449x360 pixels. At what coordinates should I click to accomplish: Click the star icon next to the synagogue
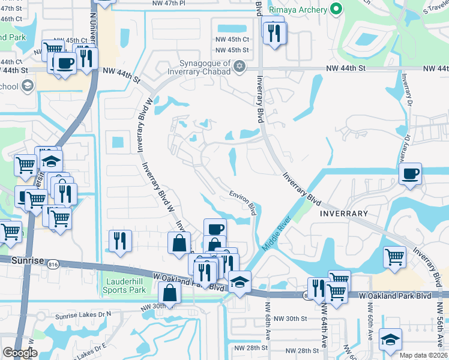coord(240,66)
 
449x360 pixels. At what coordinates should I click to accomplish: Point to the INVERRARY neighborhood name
coord(343,214)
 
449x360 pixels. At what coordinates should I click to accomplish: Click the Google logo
coord(20,353)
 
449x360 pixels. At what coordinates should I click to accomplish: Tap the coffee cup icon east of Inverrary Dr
coord(410,174)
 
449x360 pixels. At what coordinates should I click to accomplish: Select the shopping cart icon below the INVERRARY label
coord(395,257)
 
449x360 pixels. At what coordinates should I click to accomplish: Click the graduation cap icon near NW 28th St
coord(390,339)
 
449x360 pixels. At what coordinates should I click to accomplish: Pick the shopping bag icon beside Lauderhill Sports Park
coord(170,292)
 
